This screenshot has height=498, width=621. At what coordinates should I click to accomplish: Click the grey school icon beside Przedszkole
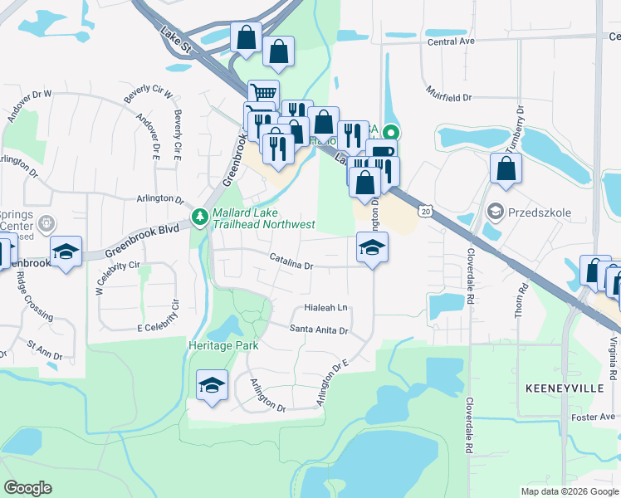[496, 212]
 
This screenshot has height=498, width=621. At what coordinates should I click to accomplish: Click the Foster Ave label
[597, 417]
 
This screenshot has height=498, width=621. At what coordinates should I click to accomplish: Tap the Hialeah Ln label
[325, 307]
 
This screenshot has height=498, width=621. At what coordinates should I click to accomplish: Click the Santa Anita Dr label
[318, 330]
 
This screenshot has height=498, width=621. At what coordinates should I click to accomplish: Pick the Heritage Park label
[223, 345]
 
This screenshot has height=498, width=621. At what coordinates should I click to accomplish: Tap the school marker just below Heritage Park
[212, 385]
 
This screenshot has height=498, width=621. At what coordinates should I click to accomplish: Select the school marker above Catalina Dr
[372, 246]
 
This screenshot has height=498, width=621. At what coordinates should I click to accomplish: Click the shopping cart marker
[263, 93]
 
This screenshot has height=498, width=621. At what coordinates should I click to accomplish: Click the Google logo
[28, 488]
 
